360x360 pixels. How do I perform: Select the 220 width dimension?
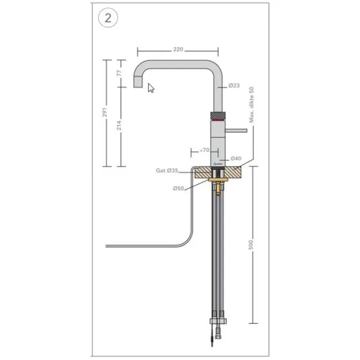click(178, 48)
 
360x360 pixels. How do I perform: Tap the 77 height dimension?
click(118, 73)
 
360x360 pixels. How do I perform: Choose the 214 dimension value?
click(118, 127)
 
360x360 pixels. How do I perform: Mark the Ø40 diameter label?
click(235, 158)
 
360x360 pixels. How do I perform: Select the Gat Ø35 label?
click(167, 172)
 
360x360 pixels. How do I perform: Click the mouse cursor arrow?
click(151, 88)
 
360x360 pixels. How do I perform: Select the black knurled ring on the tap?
click(219, 115)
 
